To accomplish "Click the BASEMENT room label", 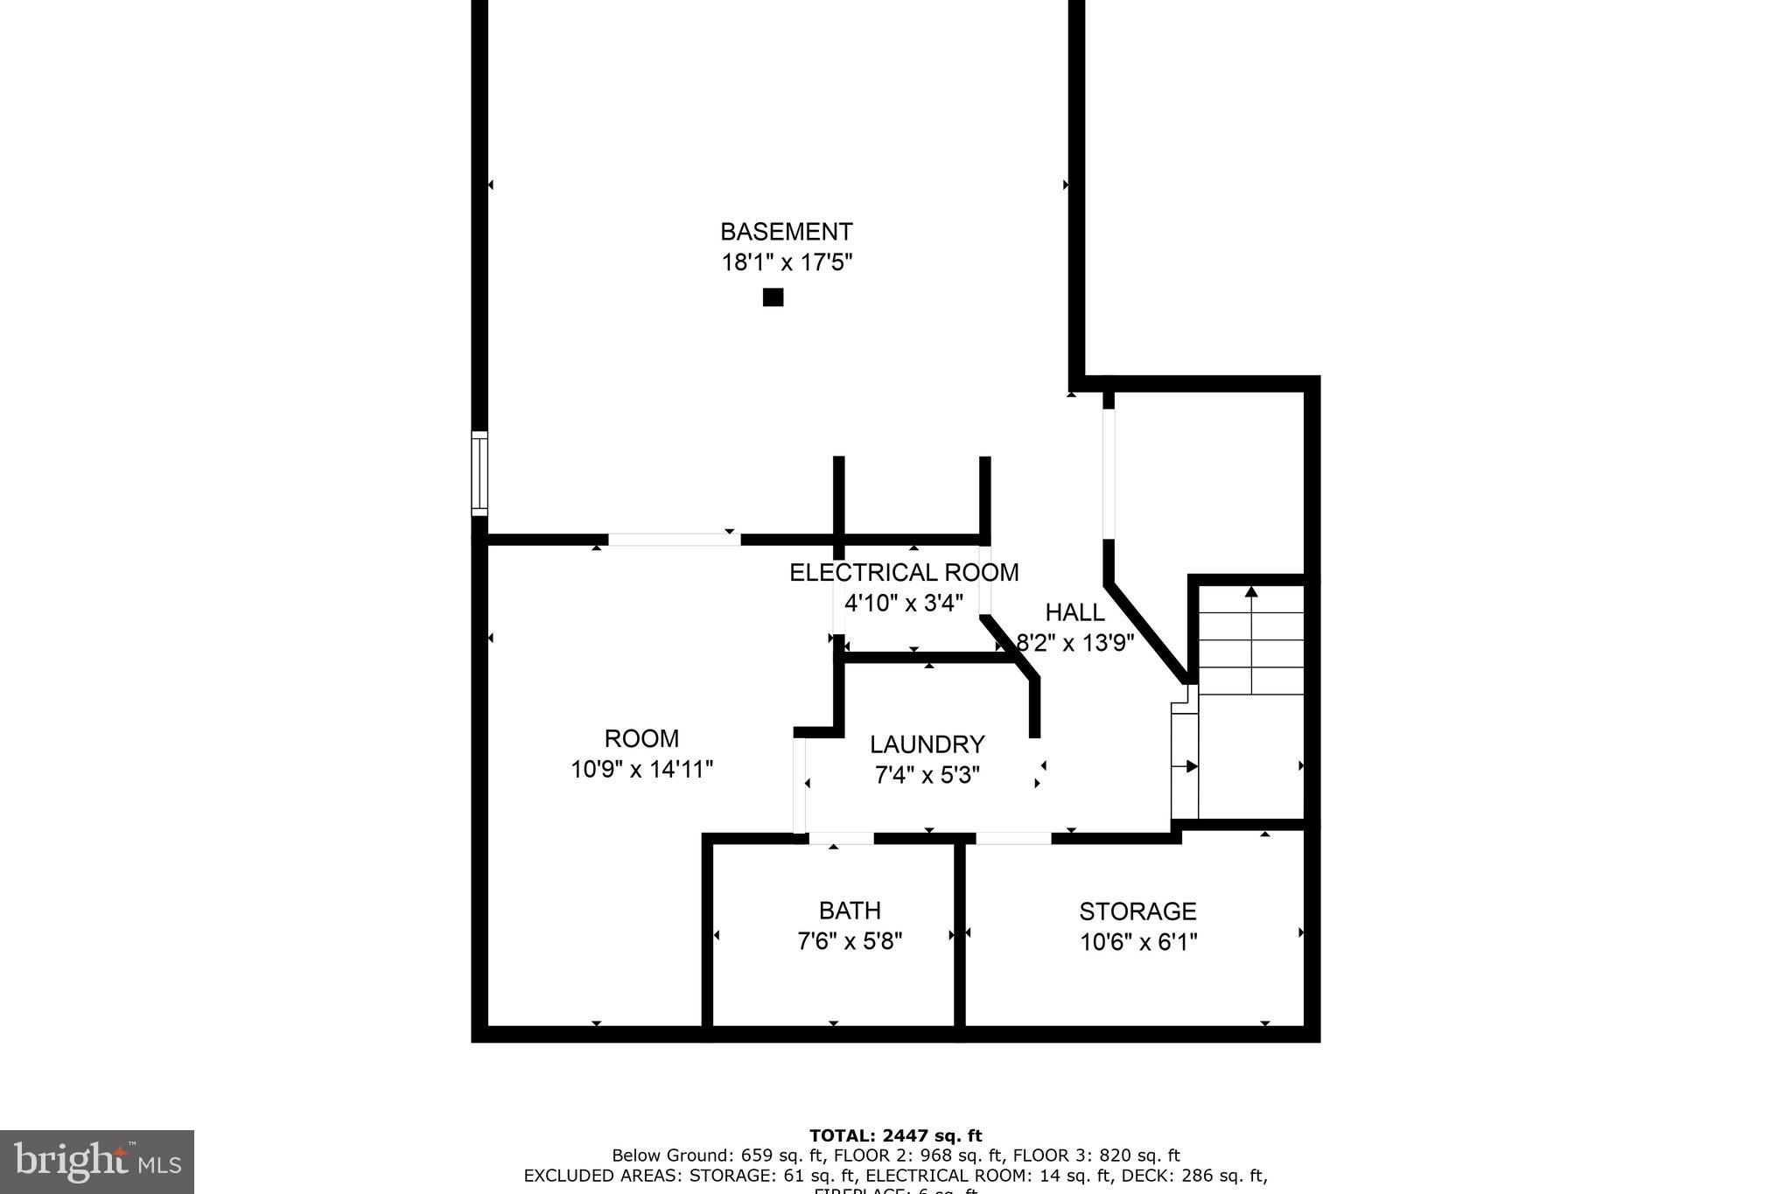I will [x=786, y=232].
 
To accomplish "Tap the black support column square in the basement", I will [x=773, y=297].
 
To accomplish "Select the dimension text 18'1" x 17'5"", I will [x=786, y=262].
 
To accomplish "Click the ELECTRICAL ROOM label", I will [x=904, y=573].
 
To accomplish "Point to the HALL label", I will [x=1074, y=612].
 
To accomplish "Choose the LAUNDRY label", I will [x=927, y=744].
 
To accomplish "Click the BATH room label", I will [x=850, y=911].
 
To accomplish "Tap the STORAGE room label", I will [x=1137, y=911].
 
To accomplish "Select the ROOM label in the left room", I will [x=641, y=738].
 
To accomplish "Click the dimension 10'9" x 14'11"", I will [x=641, y=770].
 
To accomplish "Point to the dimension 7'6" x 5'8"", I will [x=850, y=942].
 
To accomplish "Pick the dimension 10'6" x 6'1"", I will [x=1137, y=942].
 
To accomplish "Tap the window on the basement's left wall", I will [x=479, y=473].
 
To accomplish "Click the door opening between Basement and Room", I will [x=674, y=540].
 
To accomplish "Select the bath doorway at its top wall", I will [x=841, y=838].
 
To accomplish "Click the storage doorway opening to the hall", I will [x=1013, y=838].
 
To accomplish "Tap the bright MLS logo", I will [x=97, y=1162].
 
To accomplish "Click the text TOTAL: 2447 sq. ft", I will [x=895, y=1136].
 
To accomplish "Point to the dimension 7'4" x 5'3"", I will [x=927, y=775].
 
